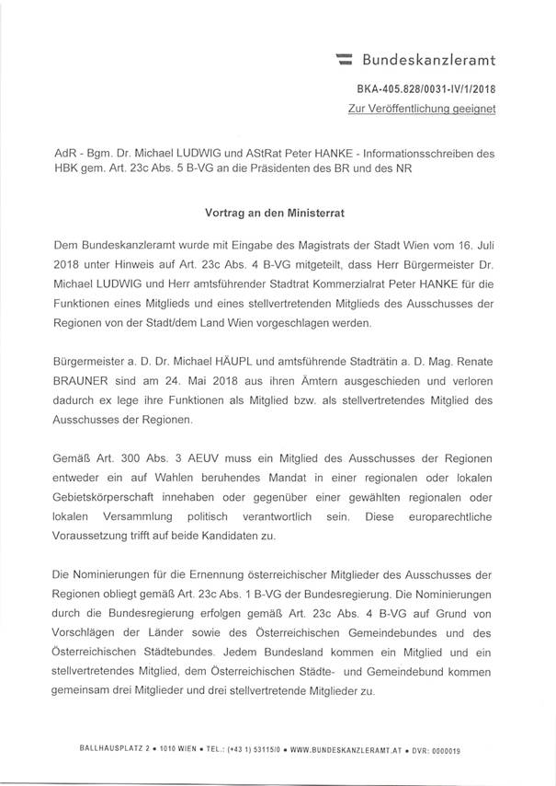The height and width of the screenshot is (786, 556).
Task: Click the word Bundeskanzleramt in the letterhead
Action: pyautogui.click(x=429, y=62)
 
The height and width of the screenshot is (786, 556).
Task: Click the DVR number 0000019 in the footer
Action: pyautogui.click(x=444, y=750)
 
